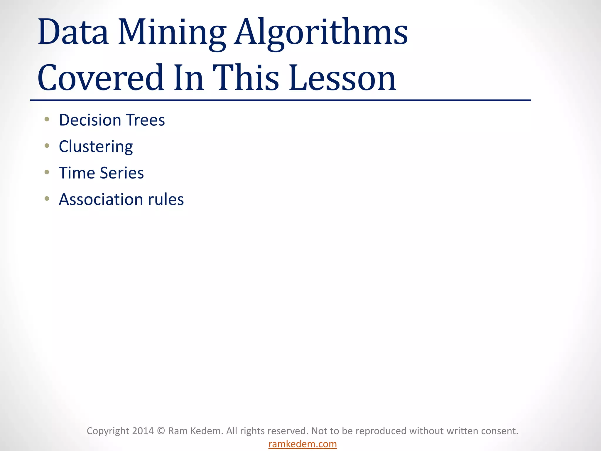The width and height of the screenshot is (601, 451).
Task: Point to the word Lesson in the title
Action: [342, 78]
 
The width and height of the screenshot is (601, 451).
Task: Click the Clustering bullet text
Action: [96, 147]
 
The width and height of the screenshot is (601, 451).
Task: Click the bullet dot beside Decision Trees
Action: [47, 119]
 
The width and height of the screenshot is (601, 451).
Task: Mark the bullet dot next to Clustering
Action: [47, 146]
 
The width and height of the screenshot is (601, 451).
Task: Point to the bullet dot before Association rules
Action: [47, 199]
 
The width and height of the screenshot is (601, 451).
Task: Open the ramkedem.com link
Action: [303, 444]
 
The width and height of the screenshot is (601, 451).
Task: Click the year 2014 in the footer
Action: [143, 431]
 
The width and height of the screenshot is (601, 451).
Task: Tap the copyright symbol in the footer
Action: [161, 431]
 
